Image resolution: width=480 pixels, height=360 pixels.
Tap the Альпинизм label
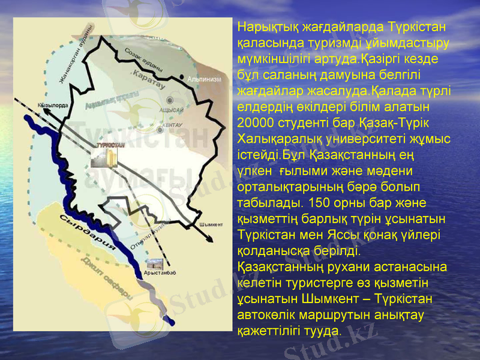coord(205,79)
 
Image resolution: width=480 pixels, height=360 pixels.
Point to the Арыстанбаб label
coord(160,274)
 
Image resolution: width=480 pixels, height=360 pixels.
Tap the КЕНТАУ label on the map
coord(172,125)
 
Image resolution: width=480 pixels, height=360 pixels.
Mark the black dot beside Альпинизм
coord(182,77)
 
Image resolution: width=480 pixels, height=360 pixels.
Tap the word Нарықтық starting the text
coord(262,27)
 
